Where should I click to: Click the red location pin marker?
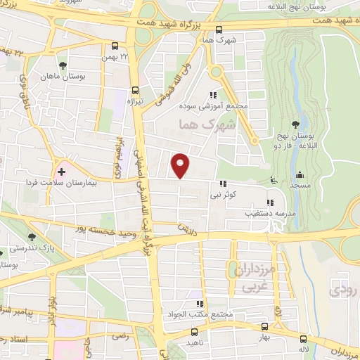click(181, 165)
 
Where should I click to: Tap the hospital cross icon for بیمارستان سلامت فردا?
click(61, 171)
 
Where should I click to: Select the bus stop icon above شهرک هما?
click(219, 30)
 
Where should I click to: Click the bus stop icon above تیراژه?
click(134, 90)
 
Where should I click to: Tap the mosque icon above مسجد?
click(300, 174)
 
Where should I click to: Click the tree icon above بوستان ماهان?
click(64, 65)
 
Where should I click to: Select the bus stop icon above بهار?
click(264, 327)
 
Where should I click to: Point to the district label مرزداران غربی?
click(242, 275)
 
